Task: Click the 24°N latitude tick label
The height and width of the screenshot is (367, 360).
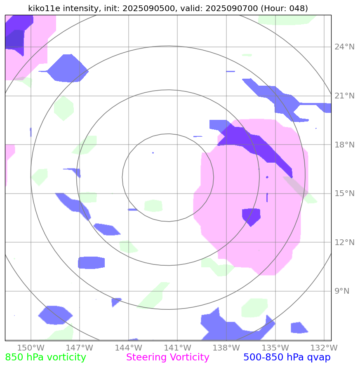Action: (344, 47)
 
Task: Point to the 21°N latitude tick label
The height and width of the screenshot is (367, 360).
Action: (344, 96)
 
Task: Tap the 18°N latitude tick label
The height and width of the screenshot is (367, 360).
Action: (344, 145)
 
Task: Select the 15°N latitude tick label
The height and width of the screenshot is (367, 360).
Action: (344, 194)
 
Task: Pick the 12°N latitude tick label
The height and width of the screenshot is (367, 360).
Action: (344, 242)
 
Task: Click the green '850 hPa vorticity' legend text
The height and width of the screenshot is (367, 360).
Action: (45, 358)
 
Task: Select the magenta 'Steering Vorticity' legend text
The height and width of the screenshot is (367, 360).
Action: (167, 358)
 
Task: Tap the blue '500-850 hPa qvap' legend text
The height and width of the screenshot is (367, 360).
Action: (287, 358)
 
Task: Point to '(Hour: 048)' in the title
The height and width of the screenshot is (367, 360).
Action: (285, 8)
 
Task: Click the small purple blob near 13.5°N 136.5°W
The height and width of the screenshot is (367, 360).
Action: (251, 216)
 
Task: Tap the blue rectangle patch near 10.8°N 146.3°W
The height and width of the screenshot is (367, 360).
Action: (91, 262)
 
